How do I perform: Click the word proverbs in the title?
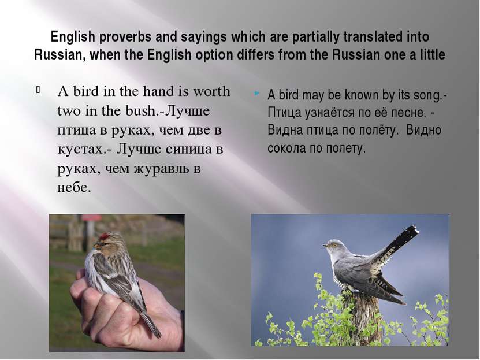(125, 38)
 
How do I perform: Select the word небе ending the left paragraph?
(74, 187)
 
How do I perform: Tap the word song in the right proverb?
(427, 95)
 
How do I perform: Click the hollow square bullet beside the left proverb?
(38, 90)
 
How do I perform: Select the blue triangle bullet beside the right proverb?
(257, 93)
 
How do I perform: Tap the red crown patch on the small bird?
(105, 236)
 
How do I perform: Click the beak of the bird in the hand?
(95, 245)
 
